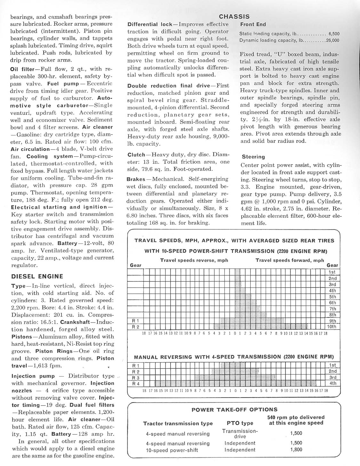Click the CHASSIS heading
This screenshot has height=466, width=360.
[234, 17]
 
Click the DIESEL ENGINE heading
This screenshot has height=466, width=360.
[37, 276]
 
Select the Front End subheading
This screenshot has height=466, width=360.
[253, 24]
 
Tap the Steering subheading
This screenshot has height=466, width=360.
[253, 157]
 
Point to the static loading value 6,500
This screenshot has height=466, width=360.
[334, 34]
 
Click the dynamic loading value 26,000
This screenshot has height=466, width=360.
[332, 40]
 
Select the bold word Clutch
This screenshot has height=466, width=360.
[136, 155]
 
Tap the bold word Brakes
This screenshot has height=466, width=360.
[136, 179]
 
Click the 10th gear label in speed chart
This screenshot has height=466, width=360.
[332, 327]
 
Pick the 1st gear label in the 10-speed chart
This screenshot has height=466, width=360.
[332, 272]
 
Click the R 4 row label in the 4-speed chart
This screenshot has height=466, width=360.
[136, 383]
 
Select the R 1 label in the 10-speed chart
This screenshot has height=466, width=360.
[136, 321]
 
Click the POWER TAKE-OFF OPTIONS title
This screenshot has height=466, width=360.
[234, 409]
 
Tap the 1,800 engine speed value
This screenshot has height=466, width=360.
[296, 450]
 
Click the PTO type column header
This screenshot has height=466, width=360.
[240, 423]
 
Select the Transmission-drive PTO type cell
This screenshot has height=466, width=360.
[240, 434]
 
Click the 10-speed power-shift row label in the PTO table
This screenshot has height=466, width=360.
[172, 450]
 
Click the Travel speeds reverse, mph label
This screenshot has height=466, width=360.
[194, 260]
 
